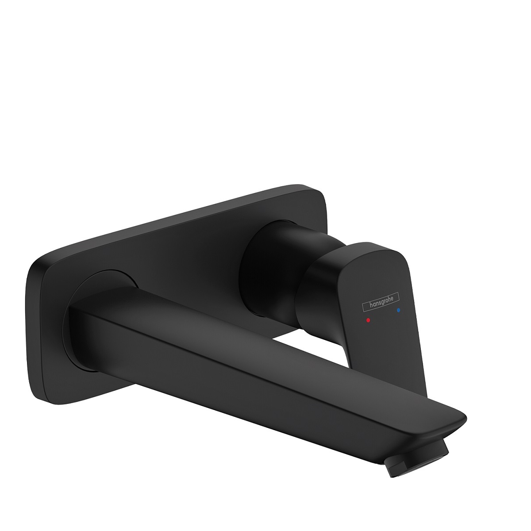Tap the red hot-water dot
pos(369,319)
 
